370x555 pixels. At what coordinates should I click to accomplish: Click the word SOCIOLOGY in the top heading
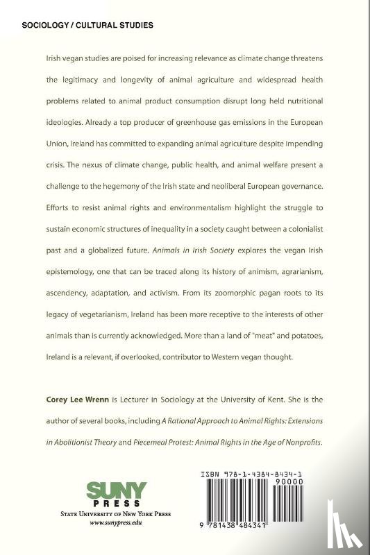coord(47,24)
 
